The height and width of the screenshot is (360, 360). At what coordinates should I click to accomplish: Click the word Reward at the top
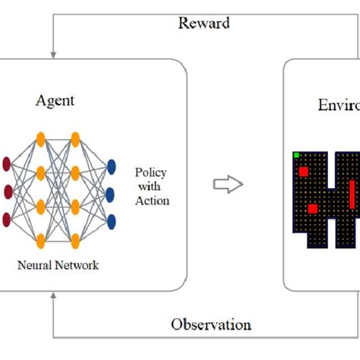[x=204, y=23]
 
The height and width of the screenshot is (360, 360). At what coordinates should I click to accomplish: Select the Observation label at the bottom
[x=210, y=324]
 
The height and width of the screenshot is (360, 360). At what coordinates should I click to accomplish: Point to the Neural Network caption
[x=58, y=265]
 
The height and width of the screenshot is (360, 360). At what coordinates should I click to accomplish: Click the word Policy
[x=152, y=173]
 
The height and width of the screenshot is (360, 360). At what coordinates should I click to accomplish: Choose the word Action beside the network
[x=152, y=201]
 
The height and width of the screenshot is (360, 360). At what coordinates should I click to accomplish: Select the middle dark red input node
[x=8, y=190]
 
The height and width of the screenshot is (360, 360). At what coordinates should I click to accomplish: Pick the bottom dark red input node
[x=8, y=219]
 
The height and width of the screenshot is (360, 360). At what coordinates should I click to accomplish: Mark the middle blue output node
[x=112, y=194]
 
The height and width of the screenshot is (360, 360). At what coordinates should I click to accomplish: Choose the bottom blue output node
[x=112, y=221]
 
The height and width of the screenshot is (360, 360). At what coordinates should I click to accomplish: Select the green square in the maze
[x=296, y=156]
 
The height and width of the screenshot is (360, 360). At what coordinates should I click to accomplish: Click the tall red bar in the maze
[x=352, y=194]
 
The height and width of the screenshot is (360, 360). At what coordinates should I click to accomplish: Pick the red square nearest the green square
[x=303, y=172]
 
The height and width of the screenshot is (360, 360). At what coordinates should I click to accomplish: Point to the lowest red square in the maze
[x=312, y=208]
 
